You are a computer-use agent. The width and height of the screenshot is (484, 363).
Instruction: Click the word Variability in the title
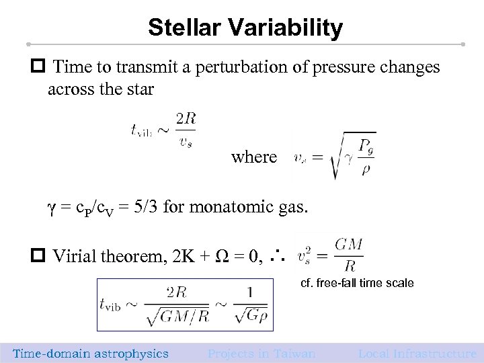[291, 28]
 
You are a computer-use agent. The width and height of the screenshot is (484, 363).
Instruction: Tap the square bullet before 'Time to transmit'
[39, 68]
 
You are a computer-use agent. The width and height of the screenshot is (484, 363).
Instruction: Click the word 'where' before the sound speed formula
[254, 157]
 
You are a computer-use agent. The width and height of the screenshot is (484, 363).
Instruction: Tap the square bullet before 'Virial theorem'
[39, 255]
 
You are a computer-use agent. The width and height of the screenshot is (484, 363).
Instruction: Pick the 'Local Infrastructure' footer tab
[417, 354]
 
